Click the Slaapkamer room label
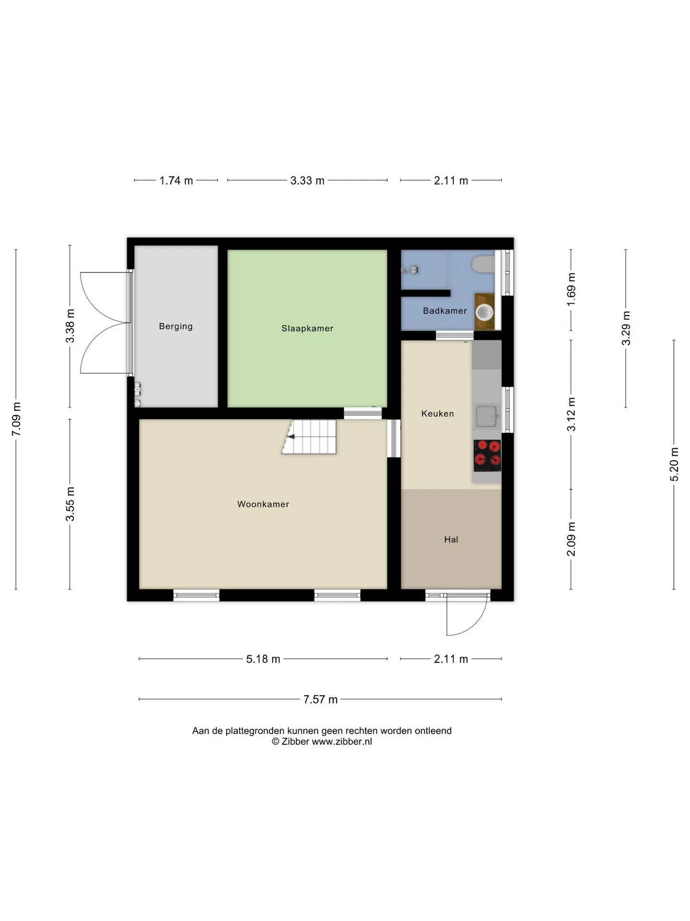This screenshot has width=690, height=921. [x=307, y=329]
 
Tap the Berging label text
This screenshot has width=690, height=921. [x=176, y=327]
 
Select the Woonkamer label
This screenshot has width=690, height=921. [x=263, y=504]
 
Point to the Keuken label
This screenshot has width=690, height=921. [x=437, y=413]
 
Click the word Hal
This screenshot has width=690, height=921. [x=451, y=540]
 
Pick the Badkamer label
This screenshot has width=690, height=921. [x=445, y=311]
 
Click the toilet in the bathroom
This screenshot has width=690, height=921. [x=483, y=264]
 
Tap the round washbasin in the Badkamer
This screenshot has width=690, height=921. [x=484, y=312]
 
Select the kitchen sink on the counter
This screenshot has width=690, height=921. [x=487, y=416]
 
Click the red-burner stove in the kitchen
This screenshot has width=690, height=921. [x=487, y=455]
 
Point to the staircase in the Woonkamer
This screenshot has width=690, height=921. [x=309, y=437]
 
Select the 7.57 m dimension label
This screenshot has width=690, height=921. [x=320, y=699]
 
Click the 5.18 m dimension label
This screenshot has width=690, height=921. [x=263, y=659]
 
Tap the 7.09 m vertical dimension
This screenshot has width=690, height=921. [x=16, y=419]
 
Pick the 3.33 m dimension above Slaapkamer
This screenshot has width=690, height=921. [x=307, y=181]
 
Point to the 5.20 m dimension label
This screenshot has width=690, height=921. [x=674, y=464]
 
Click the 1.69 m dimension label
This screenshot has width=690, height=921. [x=571, y=290]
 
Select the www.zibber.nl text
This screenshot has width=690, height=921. [x=342, y=742]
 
